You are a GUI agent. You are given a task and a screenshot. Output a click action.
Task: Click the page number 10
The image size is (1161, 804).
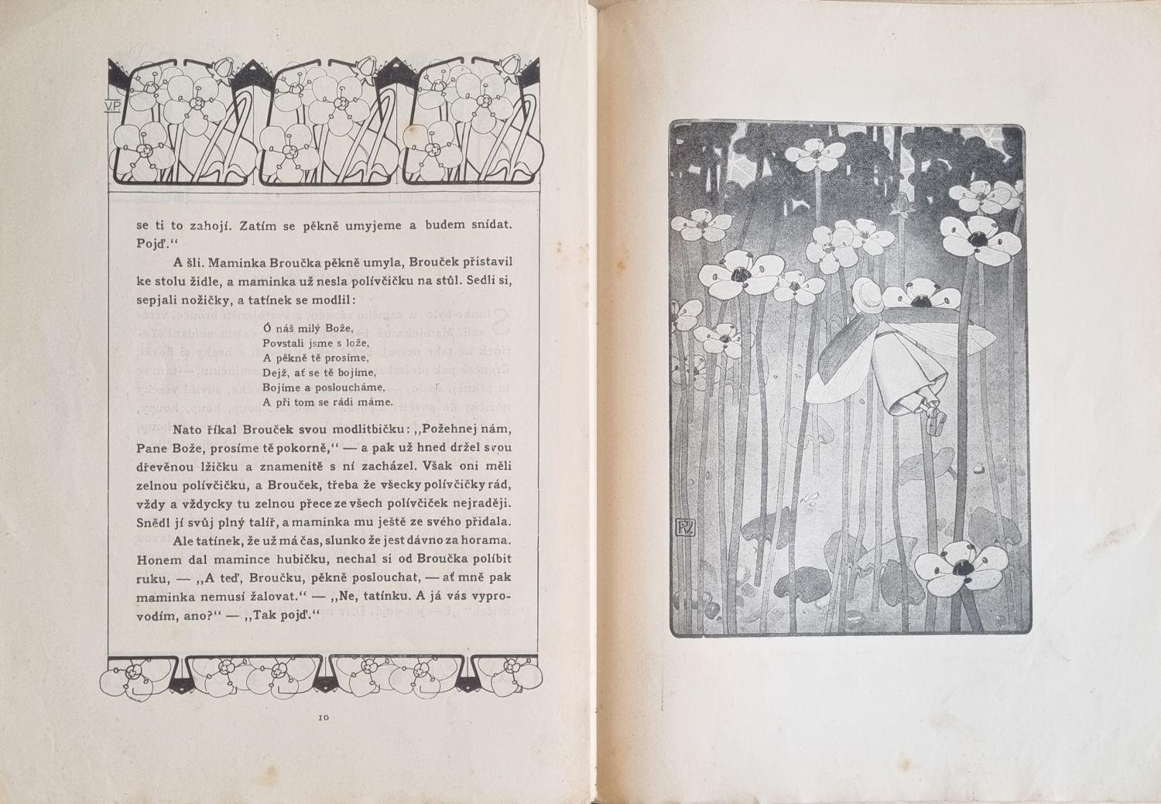[324, 717]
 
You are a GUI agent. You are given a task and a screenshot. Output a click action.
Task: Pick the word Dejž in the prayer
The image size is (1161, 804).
[275, 372]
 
